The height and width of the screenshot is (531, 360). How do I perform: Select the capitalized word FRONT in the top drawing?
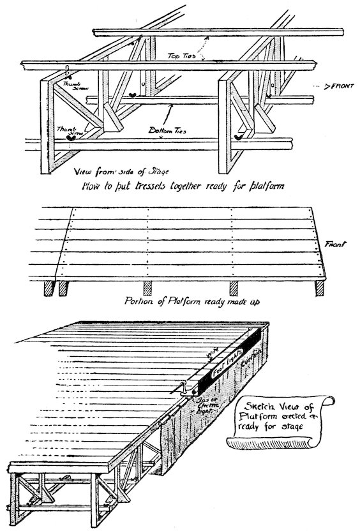(333, 84)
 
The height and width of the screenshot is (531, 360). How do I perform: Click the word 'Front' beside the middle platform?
(336, 244)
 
